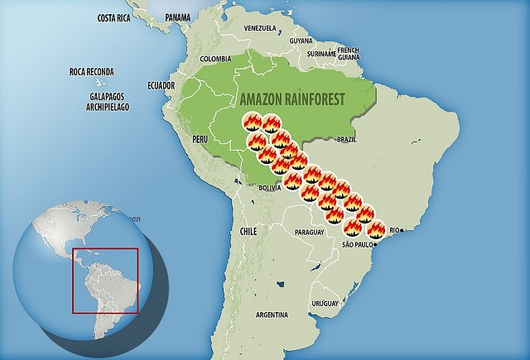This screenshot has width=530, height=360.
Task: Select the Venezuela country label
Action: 258,28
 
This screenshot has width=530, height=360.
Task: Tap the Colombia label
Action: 215,59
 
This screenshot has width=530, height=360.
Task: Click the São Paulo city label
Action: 360,245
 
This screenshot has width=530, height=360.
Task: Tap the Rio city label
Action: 397,230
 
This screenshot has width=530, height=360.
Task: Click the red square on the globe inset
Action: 104,281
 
